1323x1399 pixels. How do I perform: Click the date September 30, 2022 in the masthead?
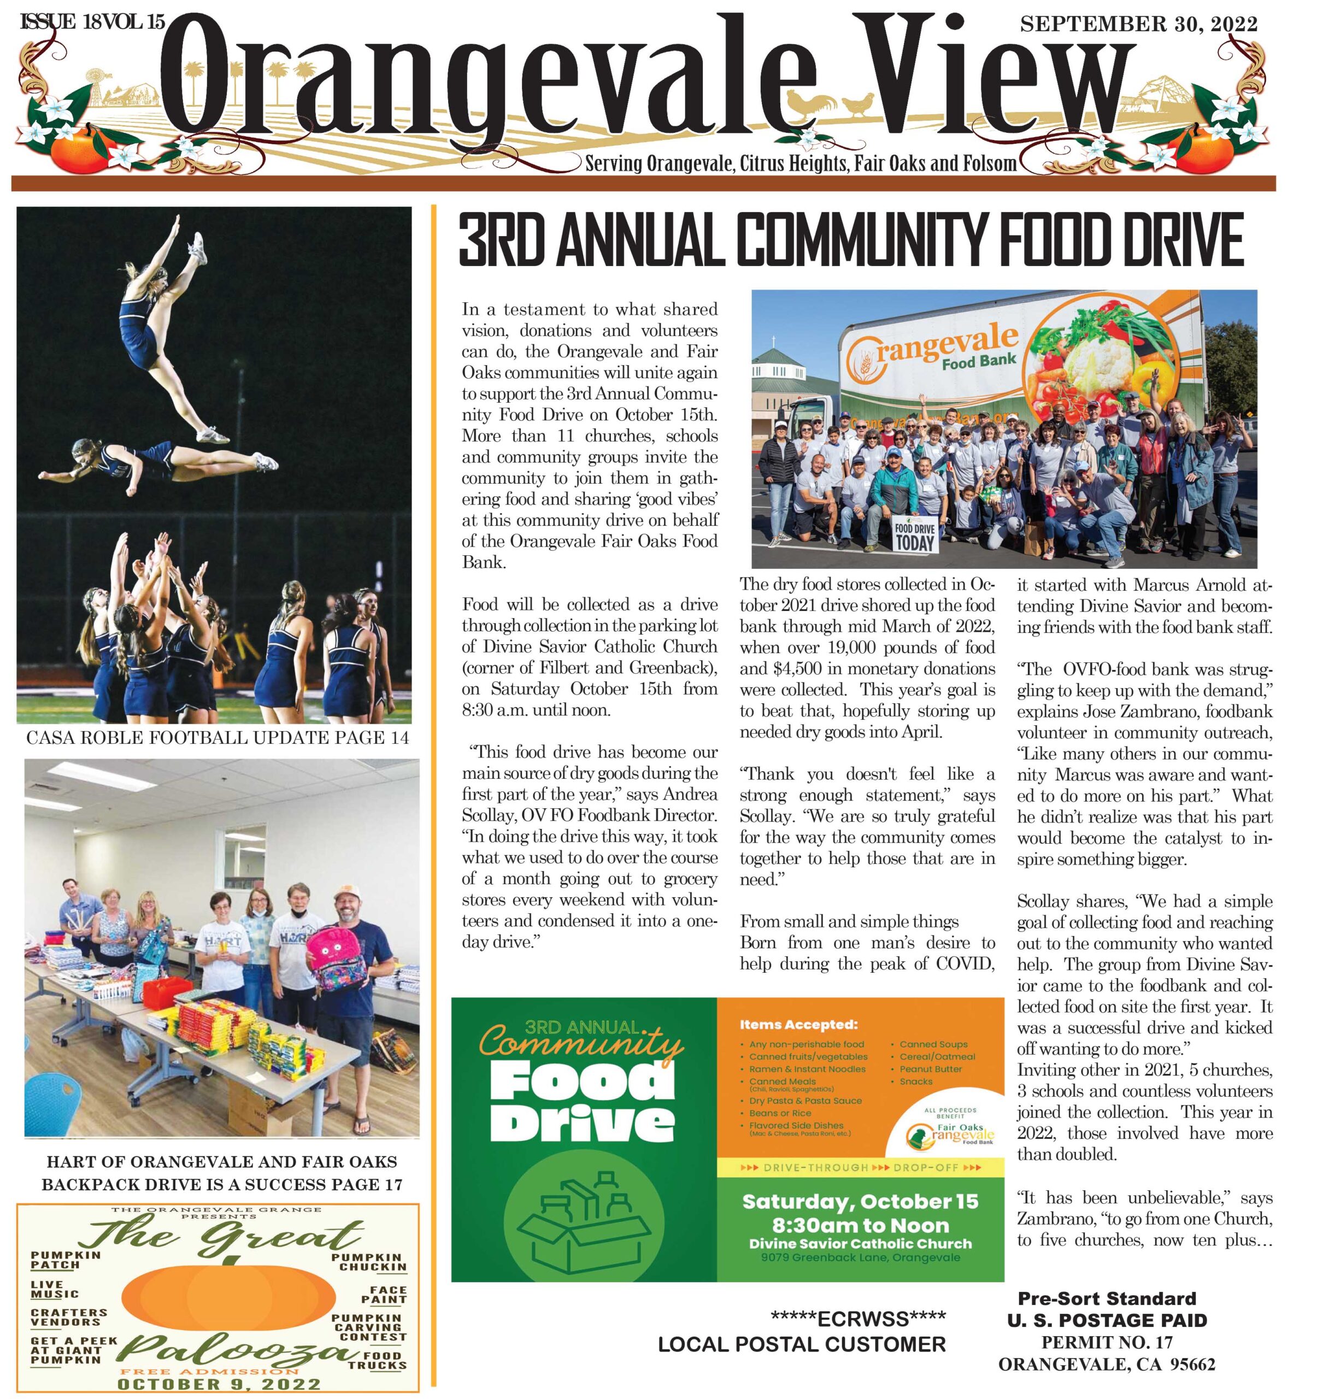pos(1138,24)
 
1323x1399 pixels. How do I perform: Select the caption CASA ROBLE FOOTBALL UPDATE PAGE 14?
pos(217,738)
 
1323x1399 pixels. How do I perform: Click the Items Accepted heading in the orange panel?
pos(798,1025)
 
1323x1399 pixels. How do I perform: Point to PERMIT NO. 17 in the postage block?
pos(1107,1343)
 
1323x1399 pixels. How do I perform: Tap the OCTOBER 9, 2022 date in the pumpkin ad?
pos(219,1384)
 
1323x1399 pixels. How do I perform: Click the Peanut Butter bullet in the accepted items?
pos(930,1069)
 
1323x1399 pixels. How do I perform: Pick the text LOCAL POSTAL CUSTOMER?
pos(802,1345)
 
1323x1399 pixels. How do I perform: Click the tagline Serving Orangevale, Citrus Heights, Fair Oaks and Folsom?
pos(801,163)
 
